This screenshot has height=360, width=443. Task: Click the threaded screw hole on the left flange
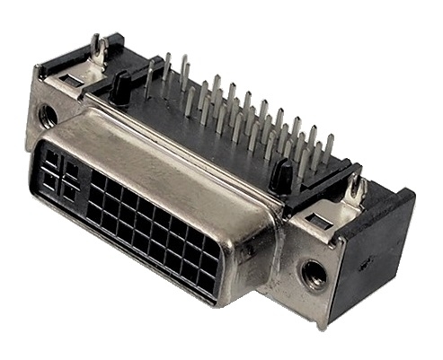(x=49, y=116)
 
